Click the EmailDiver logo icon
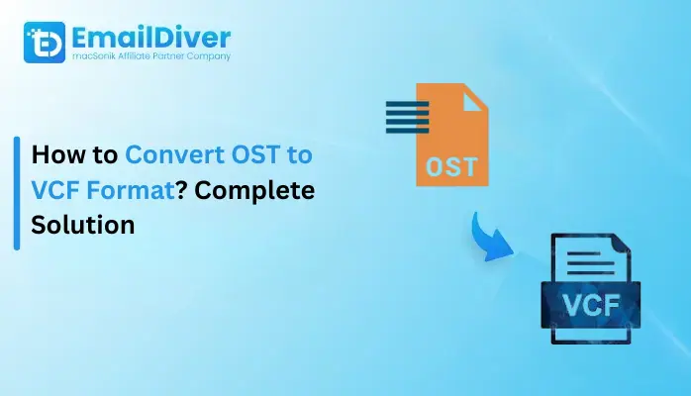tap(44, 43)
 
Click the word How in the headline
tap(57, 155)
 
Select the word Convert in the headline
tap(169, 155)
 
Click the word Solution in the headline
tap(82, 225)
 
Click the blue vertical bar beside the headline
tap(17, 193)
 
